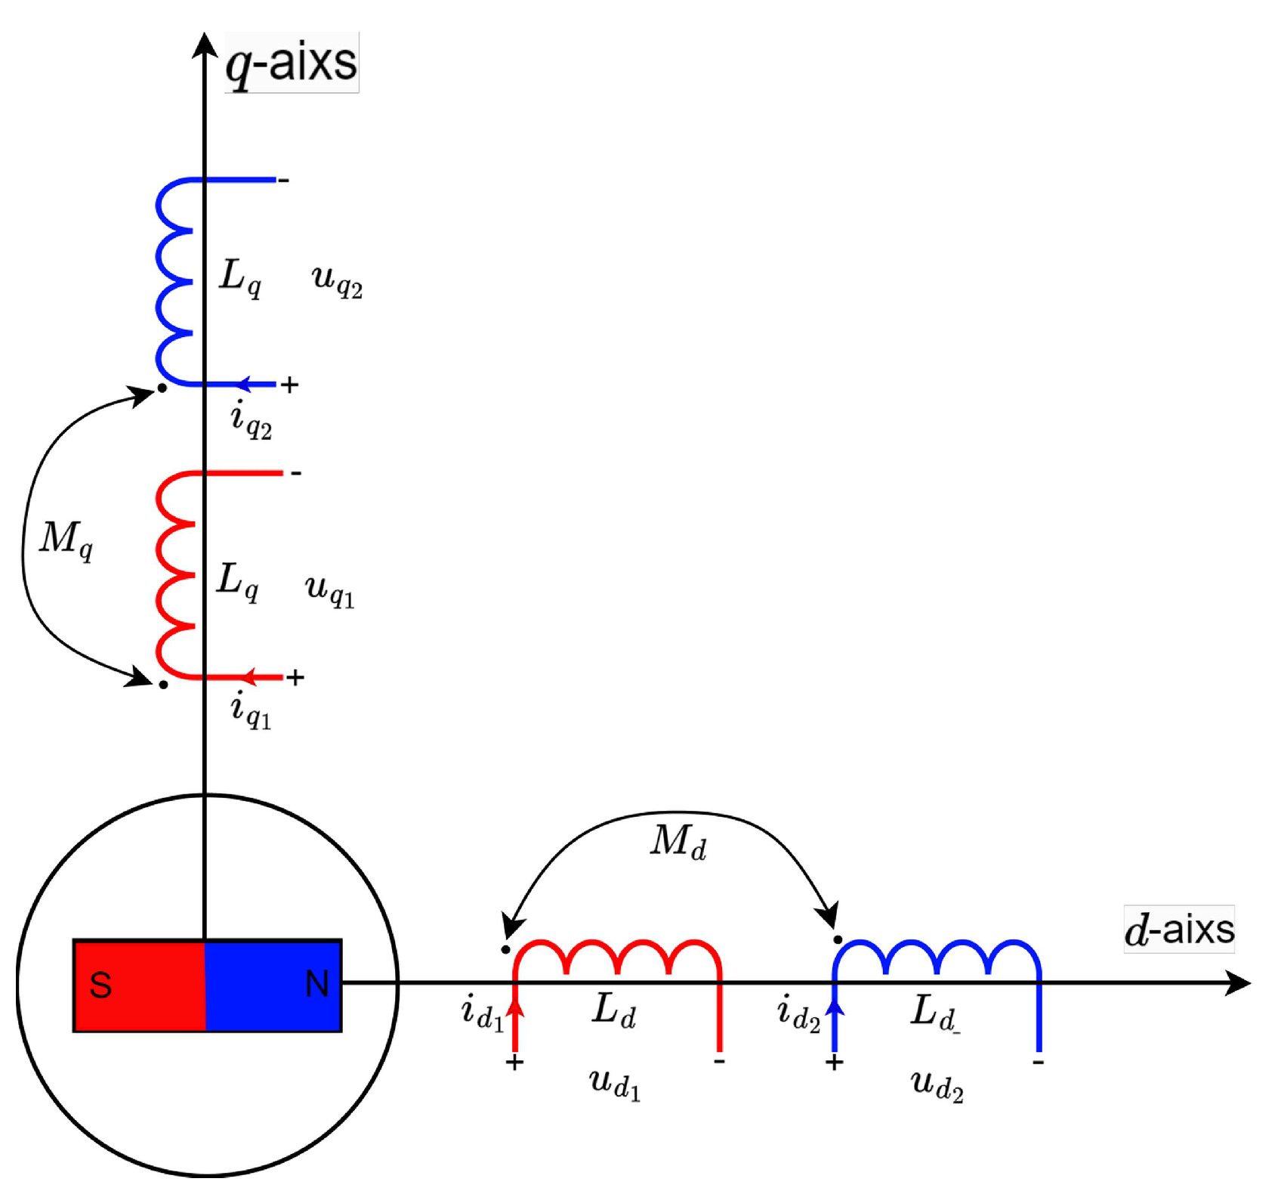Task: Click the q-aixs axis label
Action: (291, 63)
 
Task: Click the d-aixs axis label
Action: (1178, 929)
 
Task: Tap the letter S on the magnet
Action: (100, 985)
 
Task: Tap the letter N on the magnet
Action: (316, 984)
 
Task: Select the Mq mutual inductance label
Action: (66, 540)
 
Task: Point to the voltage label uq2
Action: (337, 280)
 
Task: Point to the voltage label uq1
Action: (329, 589)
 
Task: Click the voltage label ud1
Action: (615, 1084)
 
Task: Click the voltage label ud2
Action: (937, 1086)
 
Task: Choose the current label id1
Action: (482, 1013)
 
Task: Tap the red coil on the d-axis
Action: (617, 957)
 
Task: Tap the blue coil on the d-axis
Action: (937, 957)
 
